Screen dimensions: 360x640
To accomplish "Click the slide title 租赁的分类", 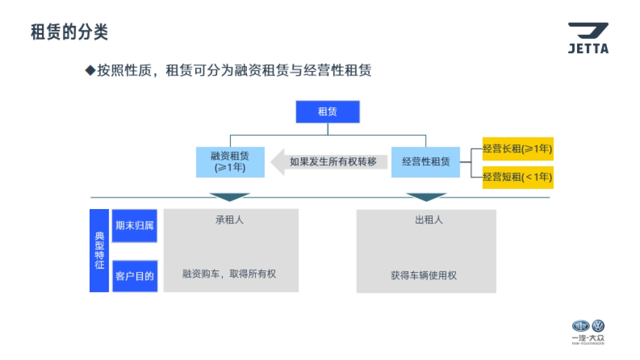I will (69, 33).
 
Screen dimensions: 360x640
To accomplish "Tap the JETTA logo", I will (588, 38).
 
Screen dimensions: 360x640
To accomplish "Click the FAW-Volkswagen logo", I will (588, 332).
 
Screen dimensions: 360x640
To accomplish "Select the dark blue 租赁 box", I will (327, 112).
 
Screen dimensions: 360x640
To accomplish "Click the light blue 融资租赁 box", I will (230, 162).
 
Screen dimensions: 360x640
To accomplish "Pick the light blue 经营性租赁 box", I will (426, 162).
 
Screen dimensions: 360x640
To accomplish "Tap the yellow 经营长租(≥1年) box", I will (517, 149).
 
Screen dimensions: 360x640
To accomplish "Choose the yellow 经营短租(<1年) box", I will (517, 177).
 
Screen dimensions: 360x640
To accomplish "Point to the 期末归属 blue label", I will (134, 226).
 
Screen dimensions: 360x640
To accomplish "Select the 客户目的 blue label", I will (134, 276).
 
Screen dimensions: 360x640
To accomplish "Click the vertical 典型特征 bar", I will (100, 251).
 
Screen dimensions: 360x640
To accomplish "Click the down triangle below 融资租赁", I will (230, 197).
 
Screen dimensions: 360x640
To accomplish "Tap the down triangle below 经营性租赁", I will (426, 197).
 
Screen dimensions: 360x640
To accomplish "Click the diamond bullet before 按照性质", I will (90, 70).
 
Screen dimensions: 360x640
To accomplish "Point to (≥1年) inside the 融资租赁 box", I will (230, 167).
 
